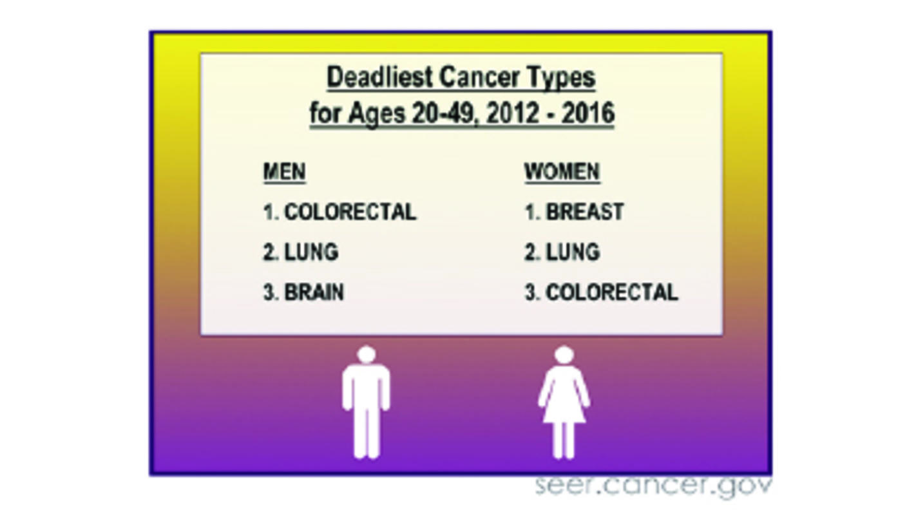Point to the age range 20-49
pos(443,115)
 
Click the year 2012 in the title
pos(512,115)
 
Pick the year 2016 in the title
pos(587,115)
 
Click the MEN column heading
pos(284,172)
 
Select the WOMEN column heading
pos(562,172)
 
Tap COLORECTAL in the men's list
pos(350,212)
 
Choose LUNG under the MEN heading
pos(311,252)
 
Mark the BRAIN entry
pos(314,292)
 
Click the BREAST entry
pos(584,212)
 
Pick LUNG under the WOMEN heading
pos(572,252)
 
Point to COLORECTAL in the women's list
pos(611,292)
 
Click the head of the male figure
pos(366,355)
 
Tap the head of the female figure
pos(564,355)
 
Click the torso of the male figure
pos(366,386)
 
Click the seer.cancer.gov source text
pos(653,486)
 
